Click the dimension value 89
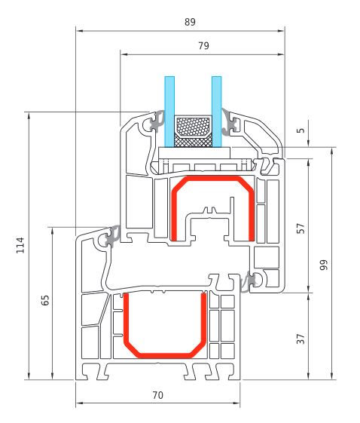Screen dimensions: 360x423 [190, 22]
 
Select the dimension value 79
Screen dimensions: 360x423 [203, 45]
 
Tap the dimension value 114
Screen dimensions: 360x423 [20, 245]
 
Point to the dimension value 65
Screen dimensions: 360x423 [45, 300]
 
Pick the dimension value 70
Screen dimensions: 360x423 [158, 395]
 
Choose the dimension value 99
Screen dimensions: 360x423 [324, 265]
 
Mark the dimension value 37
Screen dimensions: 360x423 [301, 339]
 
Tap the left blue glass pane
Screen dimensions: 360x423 [169, 112]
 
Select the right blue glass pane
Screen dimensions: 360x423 [217, 112]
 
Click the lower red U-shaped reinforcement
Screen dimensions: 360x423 [165, 356]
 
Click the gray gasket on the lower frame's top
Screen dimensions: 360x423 [113, 235]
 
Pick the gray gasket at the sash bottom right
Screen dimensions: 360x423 [248, 282]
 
